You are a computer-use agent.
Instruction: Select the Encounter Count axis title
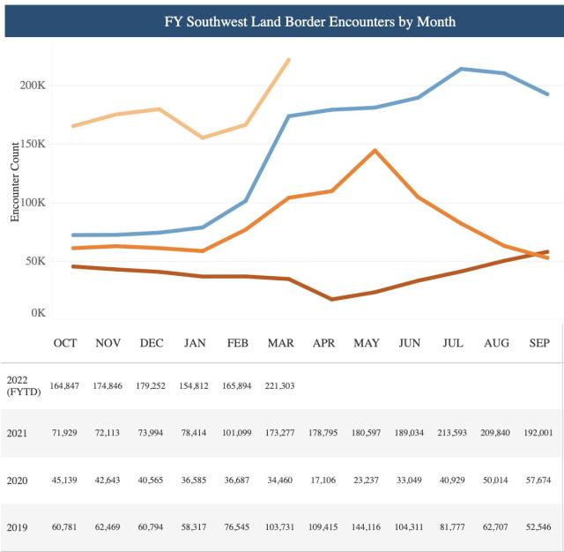(x=15, y=181)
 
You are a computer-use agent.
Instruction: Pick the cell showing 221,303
(x=279, y=386)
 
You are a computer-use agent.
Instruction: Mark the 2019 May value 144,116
(x=366, y=529)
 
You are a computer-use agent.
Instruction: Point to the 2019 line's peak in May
(x=375, y=150)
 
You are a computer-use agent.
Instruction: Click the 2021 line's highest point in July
(x=462, y=69)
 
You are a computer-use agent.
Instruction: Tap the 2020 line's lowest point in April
(x=331, y=299)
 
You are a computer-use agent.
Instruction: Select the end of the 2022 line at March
(x=289, y=60)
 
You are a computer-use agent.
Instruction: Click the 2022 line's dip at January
(x=203, y=138)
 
